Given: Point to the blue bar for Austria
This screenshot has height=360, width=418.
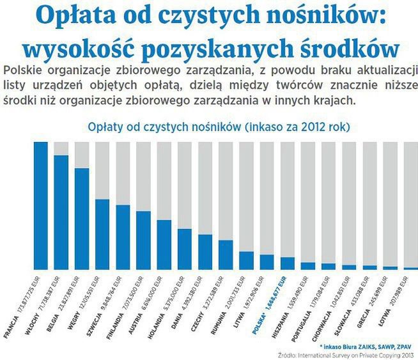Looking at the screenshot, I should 144,240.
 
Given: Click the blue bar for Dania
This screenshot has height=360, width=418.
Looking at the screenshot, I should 185,249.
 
